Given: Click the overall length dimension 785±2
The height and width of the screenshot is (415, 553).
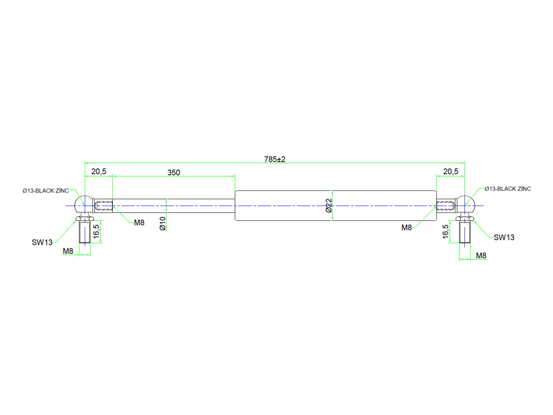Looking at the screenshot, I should pyautogui.click(x=275, y=159).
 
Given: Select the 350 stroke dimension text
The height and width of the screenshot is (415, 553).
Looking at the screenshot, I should pyautogui.click(x=174, y=172).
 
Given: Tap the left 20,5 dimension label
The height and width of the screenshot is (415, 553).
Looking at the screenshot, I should pyautogui.click(x=99, y=171).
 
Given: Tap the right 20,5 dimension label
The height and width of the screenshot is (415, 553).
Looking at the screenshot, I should pyautogui.click(x=451, y=171).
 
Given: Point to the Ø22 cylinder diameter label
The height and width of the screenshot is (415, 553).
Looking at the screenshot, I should pyautogui.click(x=329, y=205).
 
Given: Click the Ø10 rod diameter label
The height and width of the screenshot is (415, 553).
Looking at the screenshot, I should pyautogui.click(x=163, y=223).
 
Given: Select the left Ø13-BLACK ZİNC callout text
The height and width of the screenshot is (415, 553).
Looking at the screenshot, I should pyautogui.click(x=46, y=191).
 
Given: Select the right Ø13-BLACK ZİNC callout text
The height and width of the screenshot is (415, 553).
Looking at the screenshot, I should pyautogui.click(x=507, y=189).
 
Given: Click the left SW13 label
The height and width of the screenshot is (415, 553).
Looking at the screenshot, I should pyautogui.click(x=42, y=242).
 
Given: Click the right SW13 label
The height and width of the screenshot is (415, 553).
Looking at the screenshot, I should pyautogui.click(x=504, y=237).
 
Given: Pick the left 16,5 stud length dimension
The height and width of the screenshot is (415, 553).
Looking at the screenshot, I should pyautogui.click(x=96, y=231).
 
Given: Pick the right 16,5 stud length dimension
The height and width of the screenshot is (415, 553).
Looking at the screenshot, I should pyautogui.click(x=446, y=231).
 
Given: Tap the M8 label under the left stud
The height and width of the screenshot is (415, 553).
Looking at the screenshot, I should pyautogui.click(x=68, y=251).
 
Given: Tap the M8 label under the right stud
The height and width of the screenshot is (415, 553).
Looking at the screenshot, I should pyautogui.click(x=481, y=256).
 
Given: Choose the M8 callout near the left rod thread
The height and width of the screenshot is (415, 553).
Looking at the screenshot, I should pyautogui.click(x=139, y=223).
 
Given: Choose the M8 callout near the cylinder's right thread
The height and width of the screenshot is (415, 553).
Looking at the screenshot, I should pyautogui.click(x=406, y=228).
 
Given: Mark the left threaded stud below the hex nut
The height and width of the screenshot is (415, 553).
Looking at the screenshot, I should pyautogui.click(x=85, y=232).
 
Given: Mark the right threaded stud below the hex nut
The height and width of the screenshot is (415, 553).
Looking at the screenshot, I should pyautogui.click(x=465, y=232).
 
